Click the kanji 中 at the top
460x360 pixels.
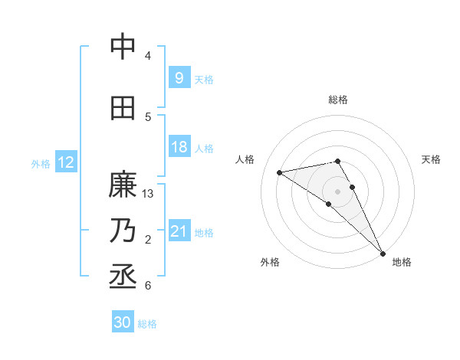pyautogui.click(x=123, y=47)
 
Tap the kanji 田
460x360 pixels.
pyautogui.click(x=123, y=108)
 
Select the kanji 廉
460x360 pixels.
pyautogui.click(x=123, y=186)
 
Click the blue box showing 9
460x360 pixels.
pyautogui.click(x=179, y=77)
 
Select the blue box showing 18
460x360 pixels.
pyautogui.click(x=179, y=147)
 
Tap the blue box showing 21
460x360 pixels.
pyautogui.click(x=179, y=231)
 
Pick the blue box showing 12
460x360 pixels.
pyautogui.click(x=65, y=162)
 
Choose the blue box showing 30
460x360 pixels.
pyautogui.click(x=122, y=322)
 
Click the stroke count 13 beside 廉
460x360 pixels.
pyautogui.click(x=149, y=194)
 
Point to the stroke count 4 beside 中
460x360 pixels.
pyautogui.click(x=148, y=56)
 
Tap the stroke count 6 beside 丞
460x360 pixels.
pyautogui.click(x=148, y=286)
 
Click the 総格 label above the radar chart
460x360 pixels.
pyautogui.click(x=337, y=100)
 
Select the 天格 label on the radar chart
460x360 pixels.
pyautogui.click(x=432, y=159)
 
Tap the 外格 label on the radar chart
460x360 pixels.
pyautogui.click(x=269, y=262)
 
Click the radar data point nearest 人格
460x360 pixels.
pyautogui.click(x=280, y=172)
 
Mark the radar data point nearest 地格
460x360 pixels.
pyautogui.click(x=383, y=252)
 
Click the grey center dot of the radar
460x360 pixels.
pyautogui.click(x=337, y=190)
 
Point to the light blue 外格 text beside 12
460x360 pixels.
pyautogui.click(x=41, y=163)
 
